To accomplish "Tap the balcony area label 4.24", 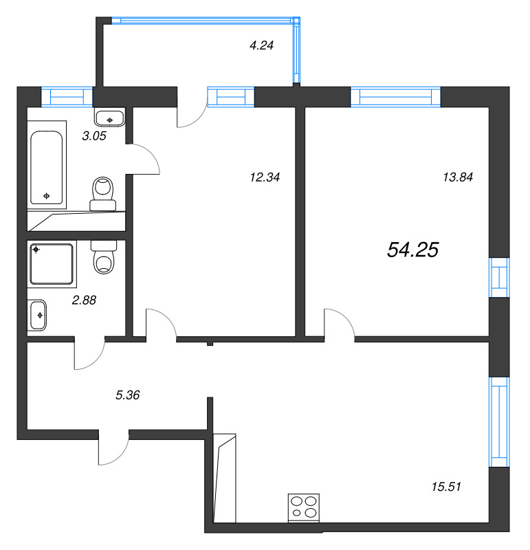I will point(261,47).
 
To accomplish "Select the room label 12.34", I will point(266,177).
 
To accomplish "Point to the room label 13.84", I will point(457,177).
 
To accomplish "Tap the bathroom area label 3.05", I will point(93,136).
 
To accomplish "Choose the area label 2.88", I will point(85,300).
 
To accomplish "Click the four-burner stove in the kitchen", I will point(304,507).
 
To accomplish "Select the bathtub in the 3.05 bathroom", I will point(47,165).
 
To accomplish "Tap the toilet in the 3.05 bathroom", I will point(104,192).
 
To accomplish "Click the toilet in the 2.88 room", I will point(104,258).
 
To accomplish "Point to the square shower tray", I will point(52,263).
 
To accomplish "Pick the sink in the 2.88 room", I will point(38,315).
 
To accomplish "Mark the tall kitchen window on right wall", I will point(498,422).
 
